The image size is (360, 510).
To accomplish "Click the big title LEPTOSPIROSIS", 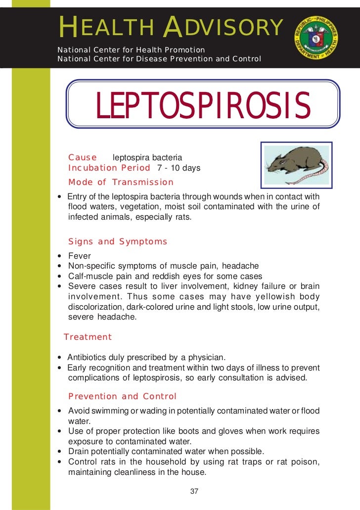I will (203, 106).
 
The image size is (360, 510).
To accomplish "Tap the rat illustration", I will (297, 164).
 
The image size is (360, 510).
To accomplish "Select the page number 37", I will (194, 491).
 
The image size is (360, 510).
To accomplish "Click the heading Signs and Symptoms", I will (118, 242).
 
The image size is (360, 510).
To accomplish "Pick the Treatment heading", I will (88, 337).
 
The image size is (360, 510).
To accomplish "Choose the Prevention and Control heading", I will (122, 396).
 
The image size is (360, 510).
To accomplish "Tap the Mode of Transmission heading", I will (121, 182).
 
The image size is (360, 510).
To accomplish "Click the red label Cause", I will (83, 157).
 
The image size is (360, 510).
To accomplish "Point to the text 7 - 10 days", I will (179, 168).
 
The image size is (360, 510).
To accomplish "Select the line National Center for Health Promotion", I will (131, 50).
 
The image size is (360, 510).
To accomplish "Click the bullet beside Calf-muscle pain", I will (60, 277).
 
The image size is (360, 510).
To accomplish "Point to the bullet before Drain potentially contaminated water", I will (60, 452).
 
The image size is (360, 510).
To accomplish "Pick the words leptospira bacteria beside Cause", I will (147, 158).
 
